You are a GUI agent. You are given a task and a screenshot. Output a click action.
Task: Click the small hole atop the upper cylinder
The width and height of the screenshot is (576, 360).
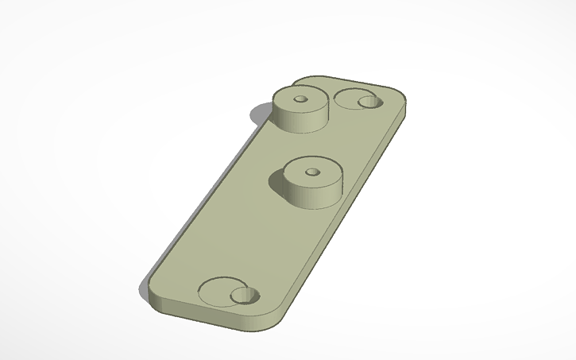(300, 99)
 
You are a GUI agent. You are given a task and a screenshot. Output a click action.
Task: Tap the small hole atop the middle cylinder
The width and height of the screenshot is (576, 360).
(311, 170)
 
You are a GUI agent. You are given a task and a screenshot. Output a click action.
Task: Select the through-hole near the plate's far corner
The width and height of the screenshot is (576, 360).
(369, 102)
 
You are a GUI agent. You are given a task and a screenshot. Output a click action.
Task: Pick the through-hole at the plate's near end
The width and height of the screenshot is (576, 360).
(245, 297)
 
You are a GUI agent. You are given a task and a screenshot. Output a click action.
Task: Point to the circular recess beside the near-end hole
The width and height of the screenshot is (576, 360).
(214, 291)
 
